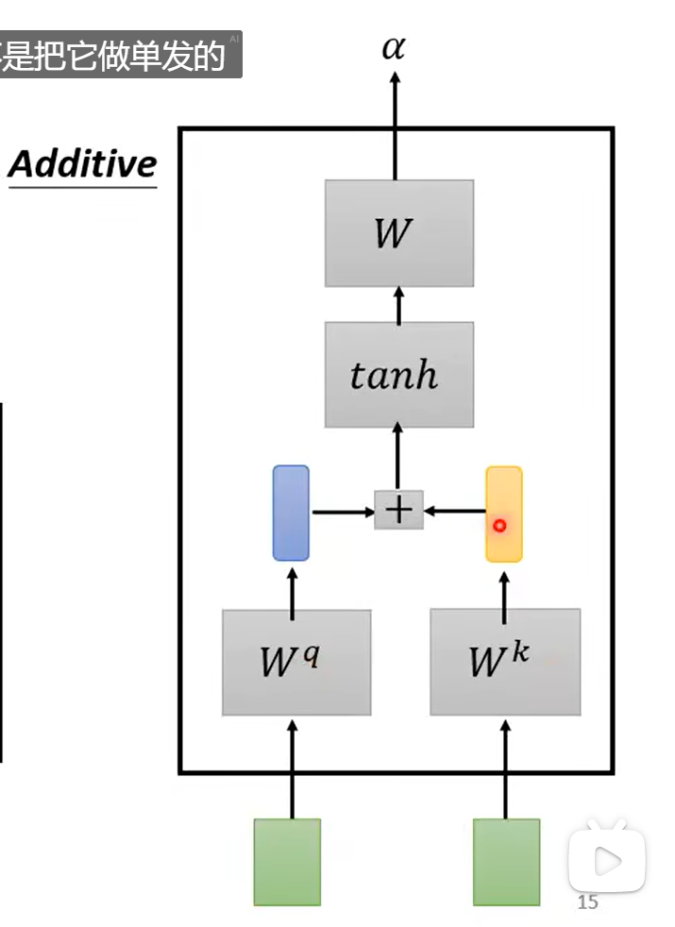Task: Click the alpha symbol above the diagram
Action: (x=394, y=48)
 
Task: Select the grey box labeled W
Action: (x=398, y=233)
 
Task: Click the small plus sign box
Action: (x=398, y=510)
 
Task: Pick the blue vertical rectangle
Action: (x=291, y=513)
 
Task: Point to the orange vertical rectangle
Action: (x=503, y=513)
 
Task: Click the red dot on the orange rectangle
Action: (x=499, y=526)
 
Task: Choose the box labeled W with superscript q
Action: (x=295, y=662)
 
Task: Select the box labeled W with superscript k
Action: (x=504, y=662)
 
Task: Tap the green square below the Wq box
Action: (x=287, y=861)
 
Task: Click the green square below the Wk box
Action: (x=506, y=861)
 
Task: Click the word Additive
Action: (x=82, y=164)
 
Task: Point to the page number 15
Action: (x=587, y=903)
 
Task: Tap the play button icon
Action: (x=606, y=859)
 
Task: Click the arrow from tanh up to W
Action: (x=398, y=304)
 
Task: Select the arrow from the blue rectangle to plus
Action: (x=342, y=512)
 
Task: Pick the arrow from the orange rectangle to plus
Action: (x=454, y=512)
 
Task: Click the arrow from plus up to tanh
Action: (x=397, y=459)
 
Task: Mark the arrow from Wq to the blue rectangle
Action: (x=292, y=585)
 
